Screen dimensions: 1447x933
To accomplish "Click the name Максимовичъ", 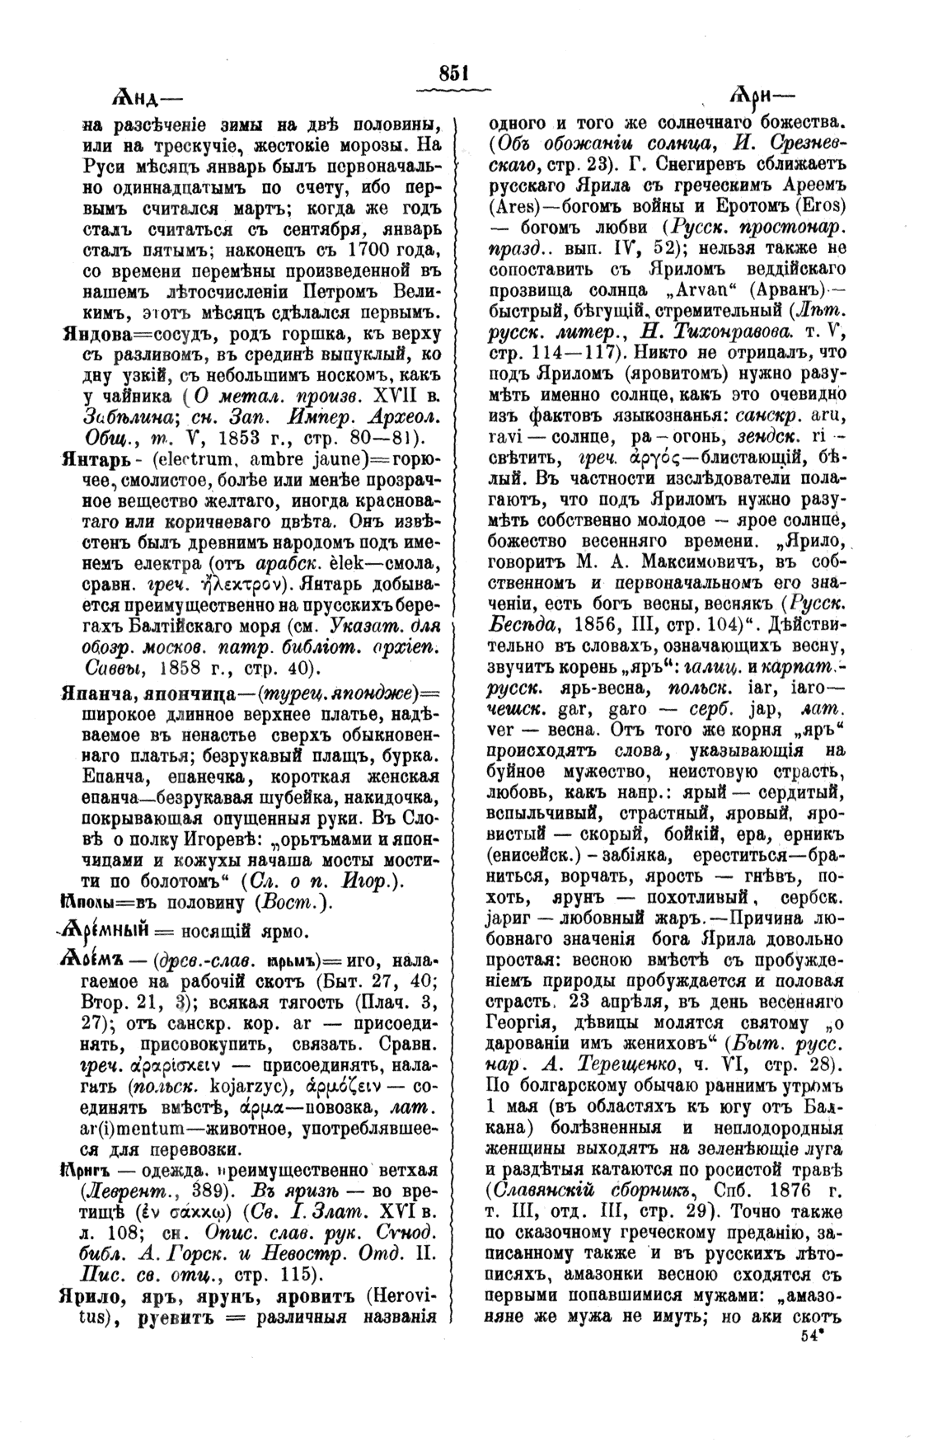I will coord(668,562).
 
